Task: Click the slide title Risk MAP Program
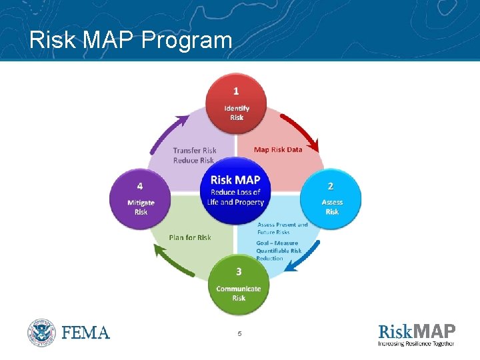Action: coord(131,41)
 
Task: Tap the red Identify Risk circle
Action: coord(236,103)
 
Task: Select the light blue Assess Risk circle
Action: coord(331,197)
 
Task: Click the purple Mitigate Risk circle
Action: coord(140,198)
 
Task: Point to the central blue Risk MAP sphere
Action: coord(235,189)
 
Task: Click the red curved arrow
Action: coord(301,131)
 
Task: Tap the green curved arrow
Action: coord(172,263)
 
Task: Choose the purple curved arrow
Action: coord(166,133)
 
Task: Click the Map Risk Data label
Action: coord(278,149)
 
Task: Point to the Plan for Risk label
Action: coord(190,237)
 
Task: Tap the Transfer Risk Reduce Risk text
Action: coord(194,155)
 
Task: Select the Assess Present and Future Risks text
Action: coord(283,229)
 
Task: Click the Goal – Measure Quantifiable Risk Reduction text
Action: coord(279,251)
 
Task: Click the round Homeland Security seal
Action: coord(42,332)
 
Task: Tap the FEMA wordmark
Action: coord(86,332)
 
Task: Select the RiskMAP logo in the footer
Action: coord(417,331)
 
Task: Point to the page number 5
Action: coord(239,333)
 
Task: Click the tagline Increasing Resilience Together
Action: coord(417,344)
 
